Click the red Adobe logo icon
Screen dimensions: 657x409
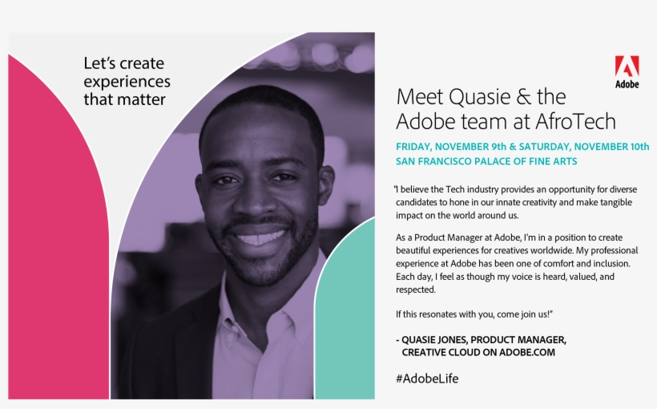point(627,67)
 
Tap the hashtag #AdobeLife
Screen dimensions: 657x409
point(427,379)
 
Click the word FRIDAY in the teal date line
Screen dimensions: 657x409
point(413,147)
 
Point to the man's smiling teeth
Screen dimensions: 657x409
point(260,238)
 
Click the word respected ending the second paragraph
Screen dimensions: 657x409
point(415,290)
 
